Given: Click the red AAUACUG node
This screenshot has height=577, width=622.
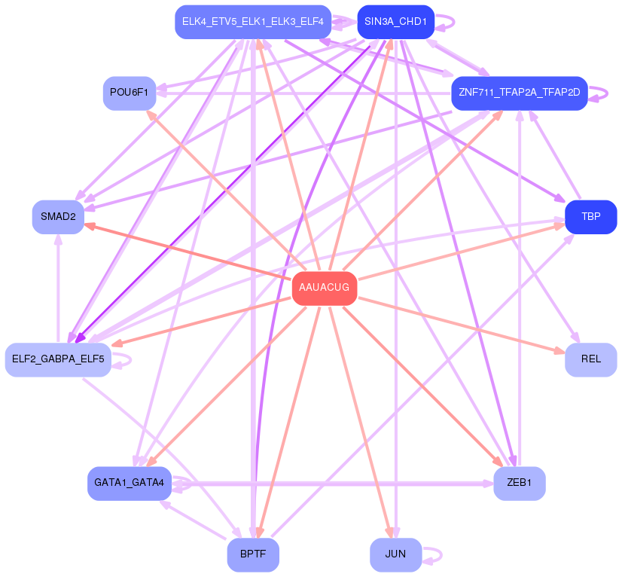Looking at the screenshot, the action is click(325, 288).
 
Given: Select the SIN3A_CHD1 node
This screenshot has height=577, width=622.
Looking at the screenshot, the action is click(395, 22).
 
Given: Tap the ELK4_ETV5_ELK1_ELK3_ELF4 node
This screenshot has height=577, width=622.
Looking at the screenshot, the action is click(253, 22).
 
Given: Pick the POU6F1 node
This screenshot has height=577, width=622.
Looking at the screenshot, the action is click(130, 93).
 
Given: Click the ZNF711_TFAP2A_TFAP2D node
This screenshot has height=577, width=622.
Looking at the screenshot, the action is click(520, 93).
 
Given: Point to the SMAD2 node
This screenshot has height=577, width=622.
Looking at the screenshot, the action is click(58, 217).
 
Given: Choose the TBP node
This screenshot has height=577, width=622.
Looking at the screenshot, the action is click(590, 217).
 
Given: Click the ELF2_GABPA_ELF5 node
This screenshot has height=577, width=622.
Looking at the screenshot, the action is click(58, 359).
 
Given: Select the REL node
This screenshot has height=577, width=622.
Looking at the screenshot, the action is click(590, 359).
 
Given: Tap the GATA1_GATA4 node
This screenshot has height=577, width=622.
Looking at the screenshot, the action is click(130, 484).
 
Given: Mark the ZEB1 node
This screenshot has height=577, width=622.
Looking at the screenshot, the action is click(520, 484).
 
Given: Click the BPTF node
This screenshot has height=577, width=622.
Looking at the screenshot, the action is click(253, 554).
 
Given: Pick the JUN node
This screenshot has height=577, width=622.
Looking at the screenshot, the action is click(395, 554).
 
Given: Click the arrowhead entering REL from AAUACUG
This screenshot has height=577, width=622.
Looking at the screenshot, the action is click(559, 351).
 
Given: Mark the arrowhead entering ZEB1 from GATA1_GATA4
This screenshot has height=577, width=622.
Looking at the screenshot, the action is click(488, 484).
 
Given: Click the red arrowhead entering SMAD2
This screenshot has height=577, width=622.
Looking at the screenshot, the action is click(90, 226).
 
